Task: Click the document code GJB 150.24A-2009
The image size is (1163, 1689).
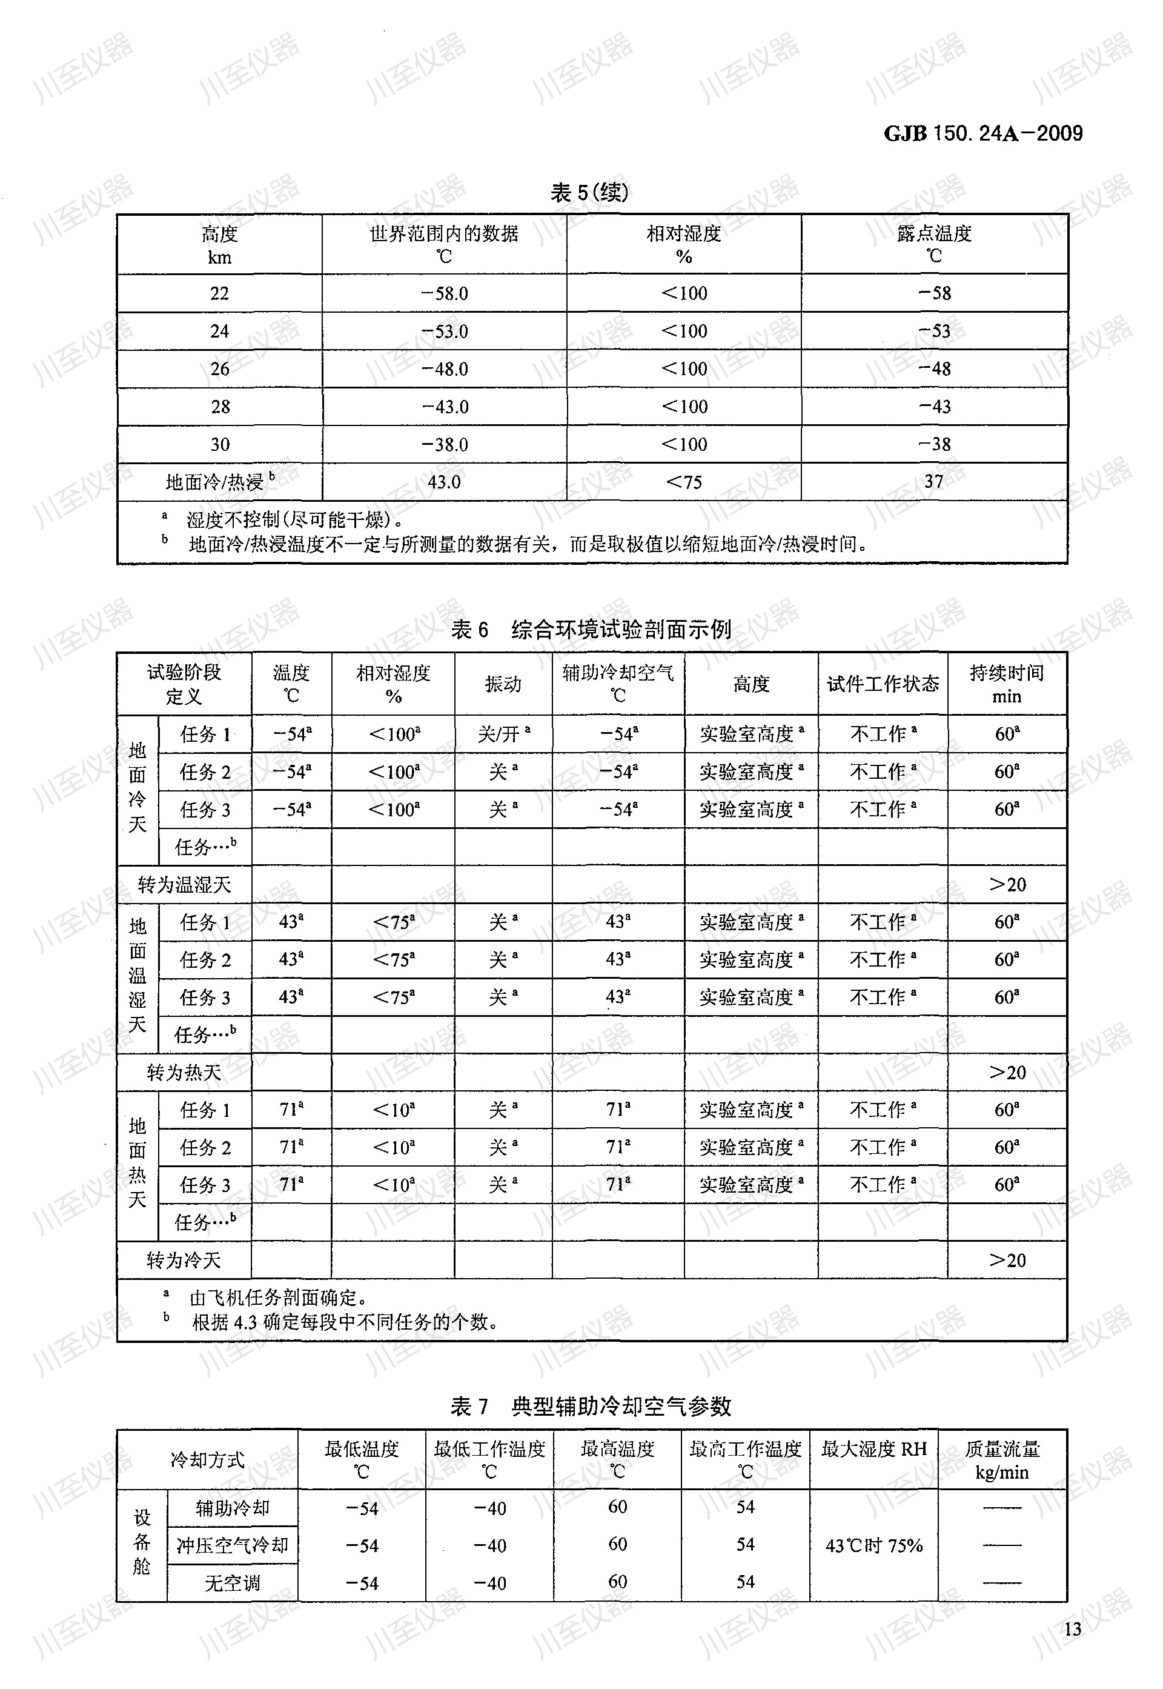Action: (x=983, y=133)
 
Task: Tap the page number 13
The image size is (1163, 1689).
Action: (x=1072, y=1629)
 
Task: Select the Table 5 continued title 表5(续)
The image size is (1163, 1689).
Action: (x=589, y=193)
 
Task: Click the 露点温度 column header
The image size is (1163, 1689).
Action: (x=934, y=244)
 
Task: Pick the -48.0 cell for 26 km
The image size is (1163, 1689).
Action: (x=445, y=369)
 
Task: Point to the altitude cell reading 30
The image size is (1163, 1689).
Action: (x=219, y=444)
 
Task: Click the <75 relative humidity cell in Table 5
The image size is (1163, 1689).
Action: (x=683, y=482)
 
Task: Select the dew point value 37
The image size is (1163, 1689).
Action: (x=933, y=482)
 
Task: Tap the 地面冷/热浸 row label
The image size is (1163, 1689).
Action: (x=219, y=482)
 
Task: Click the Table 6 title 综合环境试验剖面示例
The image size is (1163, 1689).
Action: (x=621, y=629)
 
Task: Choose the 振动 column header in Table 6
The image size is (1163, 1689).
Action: (x=503, y=684)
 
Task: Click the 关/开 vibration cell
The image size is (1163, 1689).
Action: (x=503, y=733)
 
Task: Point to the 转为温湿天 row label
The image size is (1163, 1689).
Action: (x=184, y=885)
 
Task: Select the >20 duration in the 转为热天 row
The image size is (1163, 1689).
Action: (x=1007, y=1072)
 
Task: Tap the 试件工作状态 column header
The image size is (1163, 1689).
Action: (x=883, y=684)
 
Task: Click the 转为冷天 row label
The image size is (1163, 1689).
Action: (x=184, y=1261)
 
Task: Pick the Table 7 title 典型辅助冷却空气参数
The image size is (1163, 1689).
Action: (x=621, y=1406)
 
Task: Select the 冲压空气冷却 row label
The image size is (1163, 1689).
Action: (x=233, y=1545)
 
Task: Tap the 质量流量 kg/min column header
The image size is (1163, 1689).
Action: (x=1002, y=1460)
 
